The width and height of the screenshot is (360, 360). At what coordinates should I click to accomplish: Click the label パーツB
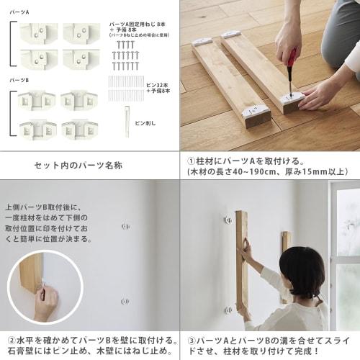click(x=21, y=81)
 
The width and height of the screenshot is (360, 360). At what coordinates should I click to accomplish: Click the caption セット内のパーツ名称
click(x=78, y=165)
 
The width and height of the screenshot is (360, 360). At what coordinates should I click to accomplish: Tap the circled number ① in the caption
click(x=192, y=161)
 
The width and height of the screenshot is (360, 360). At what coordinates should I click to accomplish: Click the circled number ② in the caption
click(x=12, y=339)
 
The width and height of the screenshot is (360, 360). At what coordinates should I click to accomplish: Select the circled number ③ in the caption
click(x=192, y=339)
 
